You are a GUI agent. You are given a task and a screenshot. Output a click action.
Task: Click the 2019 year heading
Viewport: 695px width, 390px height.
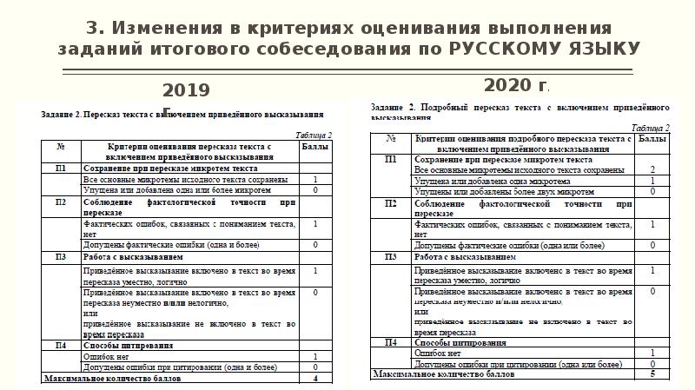point(186,89)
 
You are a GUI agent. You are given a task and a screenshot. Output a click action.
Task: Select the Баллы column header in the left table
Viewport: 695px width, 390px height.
point(314,148)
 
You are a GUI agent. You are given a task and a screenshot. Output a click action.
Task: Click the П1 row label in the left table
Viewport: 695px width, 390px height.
point(60,167)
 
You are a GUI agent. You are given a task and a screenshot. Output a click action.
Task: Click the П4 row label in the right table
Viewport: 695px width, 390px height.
point(391,341)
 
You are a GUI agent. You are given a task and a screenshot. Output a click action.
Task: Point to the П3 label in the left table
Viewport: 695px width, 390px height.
point(60,257)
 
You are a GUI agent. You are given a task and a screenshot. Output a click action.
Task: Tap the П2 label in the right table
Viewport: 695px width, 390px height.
point(391,203)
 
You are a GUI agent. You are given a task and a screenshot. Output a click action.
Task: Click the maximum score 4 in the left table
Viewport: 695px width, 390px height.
point(315,379)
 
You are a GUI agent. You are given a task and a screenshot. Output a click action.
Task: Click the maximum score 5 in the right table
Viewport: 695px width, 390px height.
point(652,374)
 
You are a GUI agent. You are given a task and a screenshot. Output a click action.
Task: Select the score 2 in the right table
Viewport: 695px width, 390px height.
point(652,169)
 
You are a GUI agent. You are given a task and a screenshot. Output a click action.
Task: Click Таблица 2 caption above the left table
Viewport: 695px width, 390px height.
point(314,136)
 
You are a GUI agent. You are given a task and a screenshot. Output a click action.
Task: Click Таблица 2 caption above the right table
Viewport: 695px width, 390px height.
point(651,127)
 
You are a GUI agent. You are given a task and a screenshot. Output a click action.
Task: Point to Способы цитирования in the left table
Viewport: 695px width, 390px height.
point(122,345)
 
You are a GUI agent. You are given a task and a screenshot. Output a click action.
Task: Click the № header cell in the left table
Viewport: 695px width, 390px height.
point(60,148)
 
